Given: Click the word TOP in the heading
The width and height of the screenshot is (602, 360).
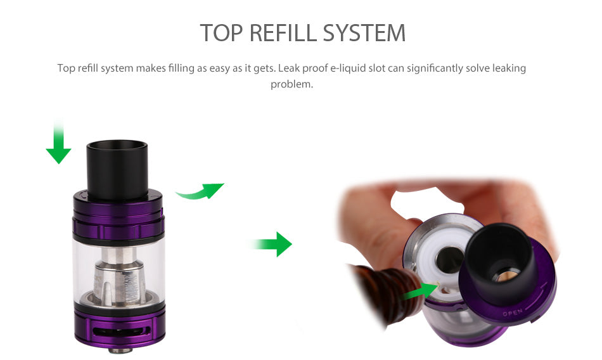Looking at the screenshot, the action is pyautogui.click(x=222, y=32).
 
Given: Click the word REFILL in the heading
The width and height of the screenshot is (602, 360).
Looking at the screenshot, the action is pyautogui.click(x=283, y=32).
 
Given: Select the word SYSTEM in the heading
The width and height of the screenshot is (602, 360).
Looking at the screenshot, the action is pyautogui.click(x=364, y=32).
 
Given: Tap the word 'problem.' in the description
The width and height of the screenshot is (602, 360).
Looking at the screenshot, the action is pyautogui.click(x=291, y=84).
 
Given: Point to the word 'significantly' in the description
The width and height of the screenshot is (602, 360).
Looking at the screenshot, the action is pyautogui.click(x=435, y=68).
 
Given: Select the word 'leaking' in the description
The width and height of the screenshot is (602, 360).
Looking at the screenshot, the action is pyautogui.click(x=509, y=68).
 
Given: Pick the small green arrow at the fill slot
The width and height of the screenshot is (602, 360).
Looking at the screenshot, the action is pyautogui.click(x=420, y=292).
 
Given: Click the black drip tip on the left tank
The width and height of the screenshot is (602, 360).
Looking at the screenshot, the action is pyautogui.click(x=117, y=170).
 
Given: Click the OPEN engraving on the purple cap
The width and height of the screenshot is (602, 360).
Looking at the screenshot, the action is pyautogui.click(x=513, y=312).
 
